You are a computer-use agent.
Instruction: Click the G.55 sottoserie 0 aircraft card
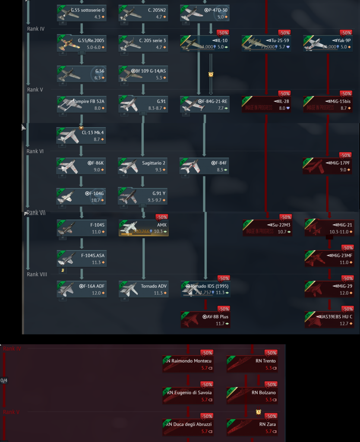[81, 13]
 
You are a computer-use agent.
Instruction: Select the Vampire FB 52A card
[81, 104]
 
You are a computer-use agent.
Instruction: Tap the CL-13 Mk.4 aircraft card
[81, 136]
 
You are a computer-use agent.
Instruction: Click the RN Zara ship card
[252, 427]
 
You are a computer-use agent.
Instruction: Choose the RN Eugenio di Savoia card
[188, 395]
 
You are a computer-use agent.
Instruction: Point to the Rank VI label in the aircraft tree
[35, 152]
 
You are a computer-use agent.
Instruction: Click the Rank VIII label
[37, 274]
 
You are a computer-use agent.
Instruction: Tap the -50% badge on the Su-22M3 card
[285, 217]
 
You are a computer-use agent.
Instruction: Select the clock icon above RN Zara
[258, 412]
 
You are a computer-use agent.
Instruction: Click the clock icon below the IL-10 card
[211, 74]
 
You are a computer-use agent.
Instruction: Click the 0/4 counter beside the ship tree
[4, 381]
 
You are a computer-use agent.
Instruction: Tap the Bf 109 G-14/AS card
[143, 74]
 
